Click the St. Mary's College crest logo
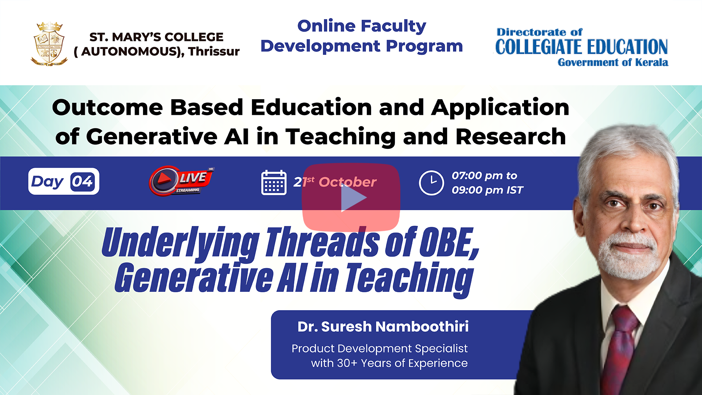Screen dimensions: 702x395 (x=49, y=44)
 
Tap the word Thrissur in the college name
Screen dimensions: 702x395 (x=214, y=52)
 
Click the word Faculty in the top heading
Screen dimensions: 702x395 (x=393, y=26)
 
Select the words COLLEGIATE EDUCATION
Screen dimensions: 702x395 (x=581, y=47)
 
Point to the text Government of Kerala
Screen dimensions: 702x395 (x=613, y=62)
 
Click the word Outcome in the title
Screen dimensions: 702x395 (x=107, y=108)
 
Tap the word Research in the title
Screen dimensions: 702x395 (x=511, y=136)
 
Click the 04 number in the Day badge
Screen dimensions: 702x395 (x=82, y=181)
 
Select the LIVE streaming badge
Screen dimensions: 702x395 (x=181, y=181)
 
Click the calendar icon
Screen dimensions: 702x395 (x=274, y=183)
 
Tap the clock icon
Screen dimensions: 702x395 (x=431, y=183)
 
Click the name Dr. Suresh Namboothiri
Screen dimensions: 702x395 (x=383, y=327)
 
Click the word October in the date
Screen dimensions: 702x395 (x=347, y=182)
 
